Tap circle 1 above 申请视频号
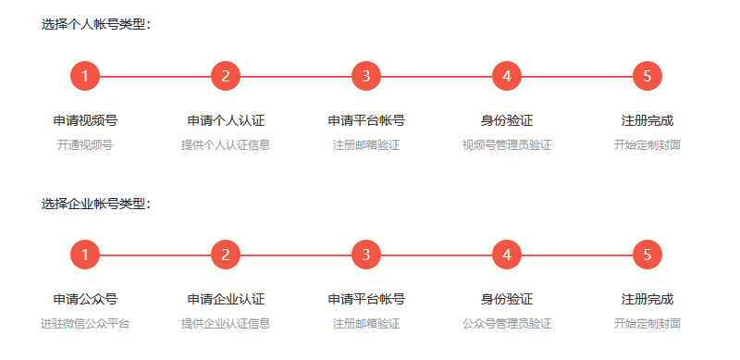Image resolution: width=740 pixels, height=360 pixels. click(85, 76)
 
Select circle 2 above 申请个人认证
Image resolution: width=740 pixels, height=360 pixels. click(226, 76)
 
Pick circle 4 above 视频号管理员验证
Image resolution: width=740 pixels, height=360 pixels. click(507, 76)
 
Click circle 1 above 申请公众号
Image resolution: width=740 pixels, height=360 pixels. click(85, 254)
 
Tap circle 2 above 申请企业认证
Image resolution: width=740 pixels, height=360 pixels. click(226, 254)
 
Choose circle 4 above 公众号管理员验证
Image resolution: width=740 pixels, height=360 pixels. click(507, 254)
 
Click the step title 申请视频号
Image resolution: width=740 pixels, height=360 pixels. click(85, 120)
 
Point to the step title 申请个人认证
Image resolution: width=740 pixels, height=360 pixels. click(226, 120)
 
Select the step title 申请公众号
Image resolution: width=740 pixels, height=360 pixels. click(85, 299)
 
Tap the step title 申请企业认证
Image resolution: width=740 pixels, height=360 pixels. click(226, 299)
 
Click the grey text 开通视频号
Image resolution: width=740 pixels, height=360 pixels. click(85, 145)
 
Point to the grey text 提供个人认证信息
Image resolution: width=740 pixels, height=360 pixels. click(226, 145)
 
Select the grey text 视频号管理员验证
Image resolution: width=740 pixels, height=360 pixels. click(507, 145)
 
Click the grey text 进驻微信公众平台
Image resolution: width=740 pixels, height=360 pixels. click(85, 324)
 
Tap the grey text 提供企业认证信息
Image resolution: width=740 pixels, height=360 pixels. click(226, 324)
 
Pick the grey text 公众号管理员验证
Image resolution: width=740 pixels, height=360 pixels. click(507, 324)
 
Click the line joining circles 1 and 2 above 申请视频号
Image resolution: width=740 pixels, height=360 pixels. click(155, 76)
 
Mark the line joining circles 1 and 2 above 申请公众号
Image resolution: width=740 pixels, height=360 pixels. click(155, 255)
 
